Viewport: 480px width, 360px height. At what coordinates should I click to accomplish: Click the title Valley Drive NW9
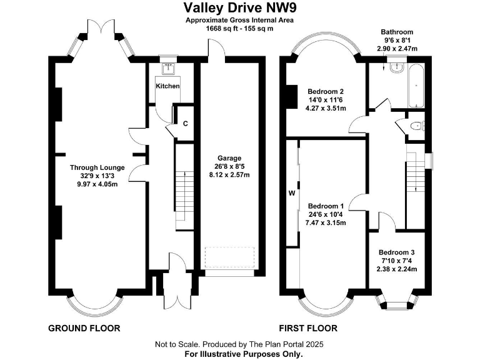(239, 7)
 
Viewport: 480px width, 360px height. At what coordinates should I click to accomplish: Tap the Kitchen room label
(167, 86)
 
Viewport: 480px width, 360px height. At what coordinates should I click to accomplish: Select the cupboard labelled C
(186, 124)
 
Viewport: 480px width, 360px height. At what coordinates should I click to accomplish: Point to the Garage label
(229, 158)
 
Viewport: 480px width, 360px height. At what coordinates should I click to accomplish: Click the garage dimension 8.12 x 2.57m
(229, 175)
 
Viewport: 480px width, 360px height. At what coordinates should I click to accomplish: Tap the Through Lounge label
(97, 167)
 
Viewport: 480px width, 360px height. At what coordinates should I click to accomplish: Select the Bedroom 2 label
(326, 89)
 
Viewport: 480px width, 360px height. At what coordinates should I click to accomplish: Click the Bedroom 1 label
(326, 206)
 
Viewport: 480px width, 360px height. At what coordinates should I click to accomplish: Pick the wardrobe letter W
(291, 192)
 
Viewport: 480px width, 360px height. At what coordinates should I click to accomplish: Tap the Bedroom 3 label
(396, 252)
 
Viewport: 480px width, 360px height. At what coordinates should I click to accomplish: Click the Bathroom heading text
(397, 31)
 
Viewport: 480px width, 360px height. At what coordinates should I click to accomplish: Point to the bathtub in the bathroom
(416, 85)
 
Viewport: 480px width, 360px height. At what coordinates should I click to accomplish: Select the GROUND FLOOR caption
(84, 328)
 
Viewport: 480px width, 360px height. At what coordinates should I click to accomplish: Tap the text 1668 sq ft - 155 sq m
(239, 28)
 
